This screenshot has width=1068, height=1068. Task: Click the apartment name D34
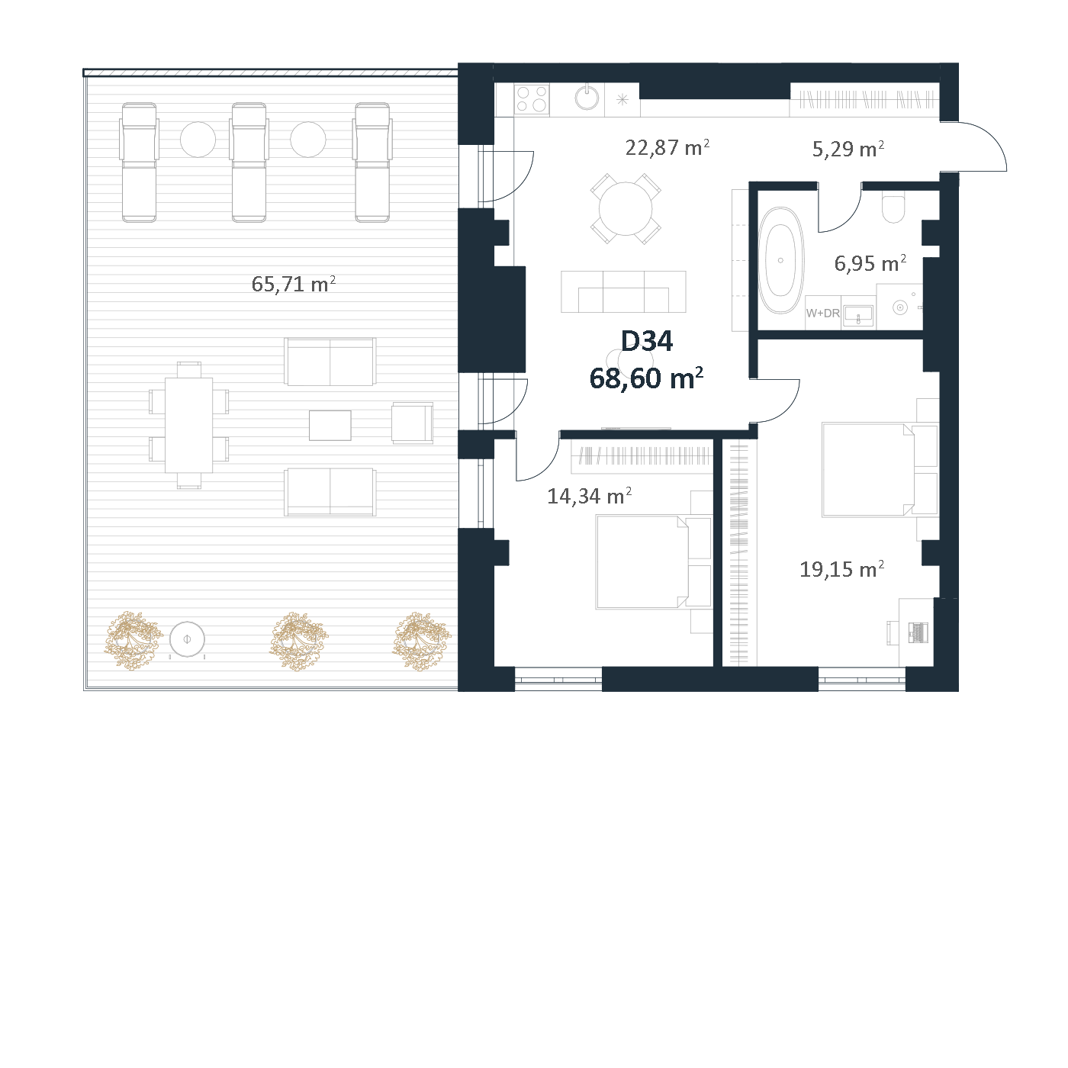646,342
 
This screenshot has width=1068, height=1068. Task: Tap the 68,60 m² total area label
646,378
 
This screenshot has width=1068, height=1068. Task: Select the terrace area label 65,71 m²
293,285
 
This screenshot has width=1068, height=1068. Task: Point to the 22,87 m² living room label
667,147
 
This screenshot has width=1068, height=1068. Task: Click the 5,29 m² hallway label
848,149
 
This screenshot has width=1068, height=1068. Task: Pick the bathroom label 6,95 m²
870,263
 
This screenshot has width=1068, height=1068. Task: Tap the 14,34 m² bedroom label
589,496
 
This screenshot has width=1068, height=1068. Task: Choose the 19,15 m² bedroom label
841,569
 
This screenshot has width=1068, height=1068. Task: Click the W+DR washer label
822,313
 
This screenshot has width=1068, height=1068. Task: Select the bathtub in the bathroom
781,260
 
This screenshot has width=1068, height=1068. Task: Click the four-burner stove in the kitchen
532,100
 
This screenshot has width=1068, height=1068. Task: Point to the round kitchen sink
587,98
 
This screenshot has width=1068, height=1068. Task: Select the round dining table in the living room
626,209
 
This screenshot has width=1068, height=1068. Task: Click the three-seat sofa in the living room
623,291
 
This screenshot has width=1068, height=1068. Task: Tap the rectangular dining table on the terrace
189,425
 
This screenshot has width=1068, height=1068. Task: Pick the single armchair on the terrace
413,423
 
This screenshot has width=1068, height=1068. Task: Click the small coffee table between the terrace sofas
330,425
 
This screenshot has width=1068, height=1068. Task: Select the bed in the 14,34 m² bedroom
653,562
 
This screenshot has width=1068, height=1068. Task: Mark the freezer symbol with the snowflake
622,100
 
